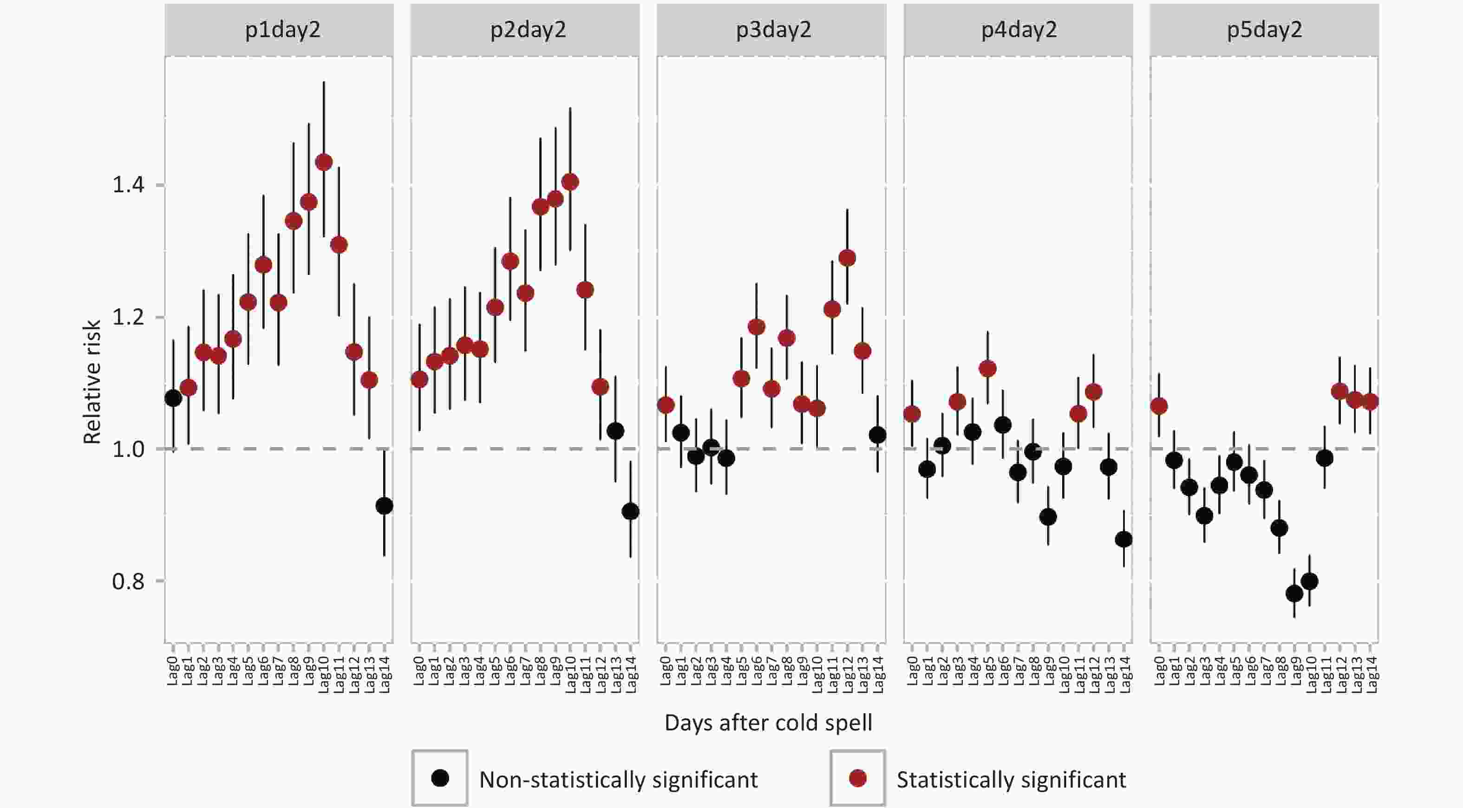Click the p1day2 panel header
point(282,30)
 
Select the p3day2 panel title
point(773,30)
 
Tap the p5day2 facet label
point(1264,30)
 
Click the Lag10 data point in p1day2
point(324,163)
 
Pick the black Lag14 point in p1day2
point(385,506)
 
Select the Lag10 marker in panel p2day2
point(570,182)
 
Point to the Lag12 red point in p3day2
point(847,258)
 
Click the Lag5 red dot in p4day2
point(987,369)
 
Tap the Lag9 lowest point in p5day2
point(1294,594)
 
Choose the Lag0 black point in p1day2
point(173,398)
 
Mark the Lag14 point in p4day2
point(1124,540)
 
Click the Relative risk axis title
point(92,382)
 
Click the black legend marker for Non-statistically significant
point(440,778)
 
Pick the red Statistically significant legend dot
point(857,778)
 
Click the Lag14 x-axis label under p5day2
point(1371,675)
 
